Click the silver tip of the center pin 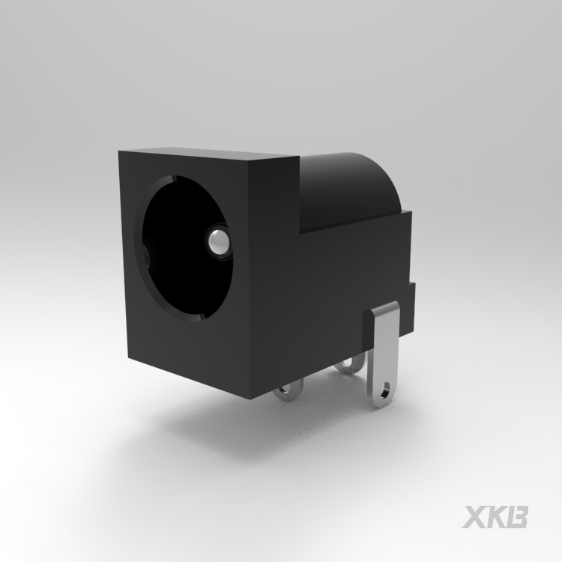coord(217,242)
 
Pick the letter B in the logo coord(518,516)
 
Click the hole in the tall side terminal coord(386,390)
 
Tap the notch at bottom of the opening coord(201,317)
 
